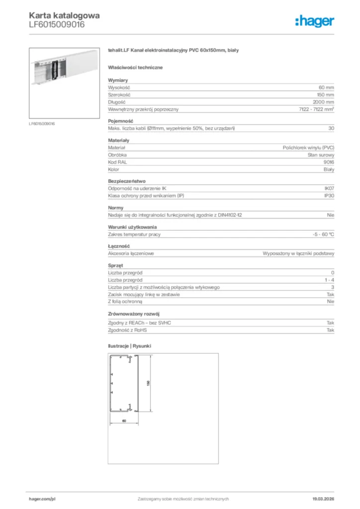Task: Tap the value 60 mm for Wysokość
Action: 326,87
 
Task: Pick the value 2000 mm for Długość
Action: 323,102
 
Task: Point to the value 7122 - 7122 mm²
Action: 316,109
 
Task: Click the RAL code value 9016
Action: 328,162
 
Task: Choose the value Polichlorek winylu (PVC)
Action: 308,148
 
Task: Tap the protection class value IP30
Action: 329,196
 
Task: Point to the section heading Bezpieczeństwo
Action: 127,181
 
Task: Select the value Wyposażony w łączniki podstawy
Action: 298,253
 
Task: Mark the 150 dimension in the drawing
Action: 148,384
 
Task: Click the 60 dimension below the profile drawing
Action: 123,421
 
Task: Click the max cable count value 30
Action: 331,128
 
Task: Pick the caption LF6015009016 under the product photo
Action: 42,123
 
